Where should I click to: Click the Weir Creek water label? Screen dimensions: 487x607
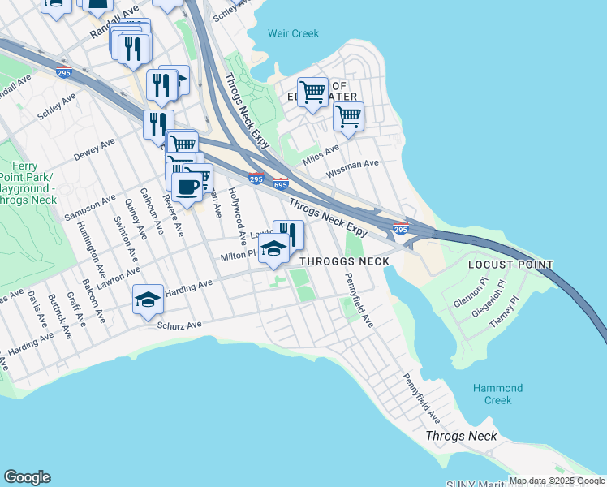point(294,34)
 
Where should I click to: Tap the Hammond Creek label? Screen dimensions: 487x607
point(498,394)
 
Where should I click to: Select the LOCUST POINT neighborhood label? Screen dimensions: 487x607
point(510,265)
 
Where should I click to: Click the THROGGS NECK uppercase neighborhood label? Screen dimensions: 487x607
point(345,261)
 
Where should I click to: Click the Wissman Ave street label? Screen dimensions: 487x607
point(352,169)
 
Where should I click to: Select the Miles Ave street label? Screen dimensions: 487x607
point(320,152)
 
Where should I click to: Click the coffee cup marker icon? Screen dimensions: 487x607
point(187,187)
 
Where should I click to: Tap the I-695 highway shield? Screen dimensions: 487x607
point(281,185)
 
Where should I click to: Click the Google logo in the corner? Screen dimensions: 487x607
point(27,477)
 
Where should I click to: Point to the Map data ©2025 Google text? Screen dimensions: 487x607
point(556,481)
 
